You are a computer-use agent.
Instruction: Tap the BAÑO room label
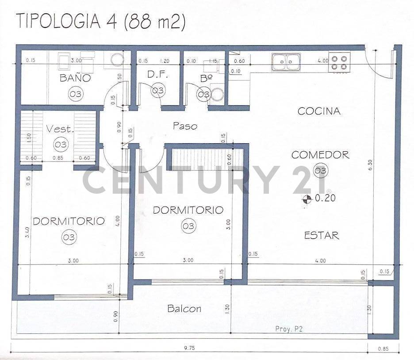[75, 78]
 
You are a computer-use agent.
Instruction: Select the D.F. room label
[156, 75]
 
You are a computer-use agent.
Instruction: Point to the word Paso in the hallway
[185, 126]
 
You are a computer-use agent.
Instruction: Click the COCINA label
[319, 111]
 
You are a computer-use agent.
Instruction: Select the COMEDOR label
[320, 155]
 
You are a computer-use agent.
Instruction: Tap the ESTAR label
[322, 235]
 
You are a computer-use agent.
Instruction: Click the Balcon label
[184, 309]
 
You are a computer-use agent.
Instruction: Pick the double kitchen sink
[286, 62]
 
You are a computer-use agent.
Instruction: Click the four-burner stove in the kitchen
[339, 62]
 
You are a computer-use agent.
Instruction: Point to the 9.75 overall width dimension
[189, 348]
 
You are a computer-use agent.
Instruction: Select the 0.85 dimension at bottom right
[384, 349]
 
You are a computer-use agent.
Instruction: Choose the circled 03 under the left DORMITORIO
[69, 237]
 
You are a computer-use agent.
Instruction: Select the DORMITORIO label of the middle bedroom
[188, 210]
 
